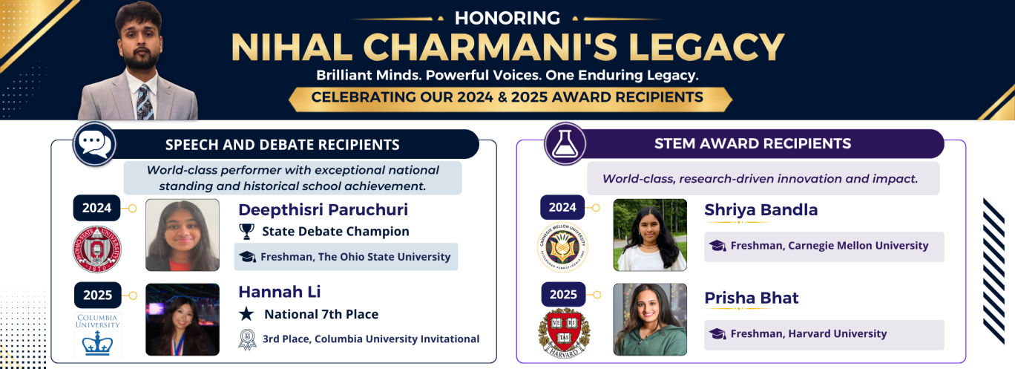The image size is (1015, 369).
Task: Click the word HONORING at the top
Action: pos(507,18)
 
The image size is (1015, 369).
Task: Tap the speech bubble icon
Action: pos(95,144)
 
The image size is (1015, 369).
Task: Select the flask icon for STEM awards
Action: pos(565,144)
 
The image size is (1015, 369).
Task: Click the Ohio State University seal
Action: pos(97,249)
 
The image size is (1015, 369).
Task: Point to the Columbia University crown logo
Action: pos(97,335)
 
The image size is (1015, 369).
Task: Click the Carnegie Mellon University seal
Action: pos(562,246)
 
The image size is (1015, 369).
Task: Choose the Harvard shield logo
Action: pos(564,333)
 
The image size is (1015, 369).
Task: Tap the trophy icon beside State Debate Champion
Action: pos(246,231)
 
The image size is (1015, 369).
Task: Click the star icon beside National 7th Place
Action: pos(246,314)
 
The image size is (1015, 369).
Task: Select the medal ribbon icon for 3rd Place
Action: pos(247,339)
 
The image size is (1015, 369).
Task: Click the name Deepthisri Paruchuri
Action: pos(323,210)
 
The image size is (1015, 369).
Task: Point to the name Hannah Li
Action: pos(280,292)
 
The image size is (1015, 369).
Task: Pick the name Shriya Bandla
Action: pos(761,210)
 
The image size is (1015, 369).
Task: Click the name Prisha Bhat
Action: pos(752,298)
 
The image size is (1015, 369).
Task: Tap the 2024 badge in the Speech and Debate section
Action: pos(97,208)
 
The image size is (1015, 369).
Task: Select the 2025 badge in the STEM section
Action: pos(563,295)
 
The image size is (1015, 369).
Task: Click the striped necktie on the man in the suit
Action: pos(145,102)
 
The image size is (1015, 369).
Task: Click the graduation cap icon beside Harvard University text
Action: pos(717,334)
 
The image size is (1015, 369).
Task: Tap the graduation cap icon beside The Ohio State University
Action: pos(247,257)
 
